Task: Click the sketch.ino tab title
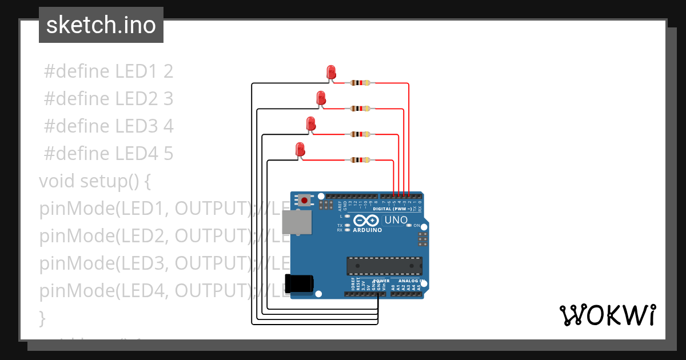[101, 25]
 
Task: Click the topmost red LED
[331, 72]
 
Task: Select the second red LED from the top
[321, 98]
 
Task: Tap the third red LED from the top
[311, 123]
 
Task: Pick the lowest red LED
[300, 150]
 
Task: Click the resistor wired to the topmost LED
[360, 83]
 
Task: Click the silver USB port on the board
[297, 222]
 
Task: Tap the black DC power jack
[299, 283]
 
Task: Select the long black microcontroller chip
[384, 266]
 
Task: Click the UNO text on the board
[396, 220]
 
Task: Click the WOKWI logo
[607, 315]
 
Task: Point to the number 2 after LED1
[168, 71]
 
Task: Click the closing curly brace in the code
[42, 317]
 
